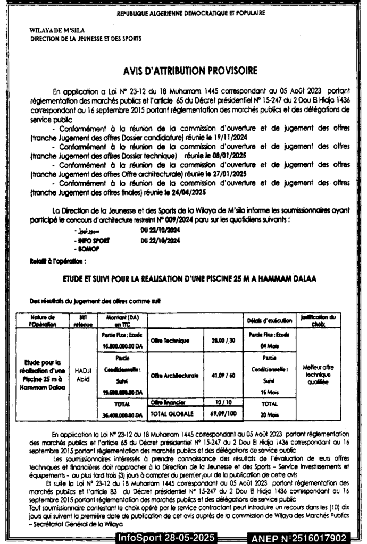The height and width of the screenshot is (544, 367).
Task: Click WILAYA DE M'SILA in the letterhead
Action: [x=53, y=32]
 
